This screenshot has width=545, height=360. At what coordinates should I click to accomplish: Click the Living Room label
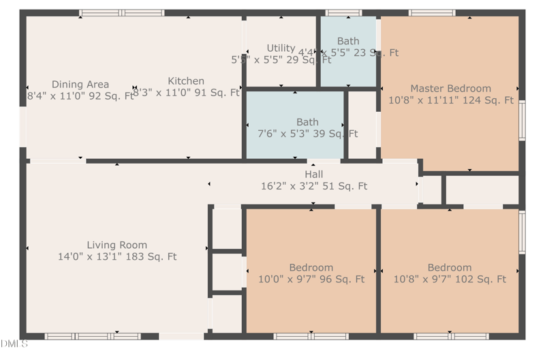(x=116, y=245)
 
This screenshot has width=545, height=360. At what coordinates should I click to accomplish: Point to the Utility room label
(x=281, y=48)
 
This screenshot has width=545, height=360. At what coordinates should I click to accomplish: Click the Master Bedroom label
(x=450, y=89)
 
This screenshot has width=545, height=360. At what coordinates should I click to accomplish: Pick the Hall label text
(x=313, y=175)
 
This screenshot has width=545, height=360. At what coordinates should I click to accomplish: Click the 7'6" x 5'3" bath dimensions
(x=307, y=134)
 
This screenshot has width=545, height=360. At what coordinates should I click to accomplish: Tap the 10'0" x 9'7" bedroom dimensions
(x=311, y=279)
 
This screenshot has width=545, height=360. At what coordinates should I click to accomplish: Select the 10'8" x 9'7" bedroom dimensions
(x=450, y=279)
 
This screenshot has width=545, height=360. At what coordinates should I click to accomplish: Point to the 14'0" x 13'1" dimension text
(x=117, y=257)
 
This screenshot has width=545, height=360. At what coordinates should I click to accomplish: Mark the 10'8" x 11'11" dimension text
(x=450, y=100)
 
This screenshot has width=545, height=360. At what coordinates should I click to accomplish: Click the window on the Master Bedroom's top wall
(x=432, y=12)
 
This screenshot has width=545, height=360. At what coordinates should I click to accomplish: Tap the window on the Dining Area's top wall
(x=122, y=12)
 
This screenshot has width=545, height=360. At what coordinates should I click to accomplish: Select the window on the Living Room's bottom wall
(x=93, y=336)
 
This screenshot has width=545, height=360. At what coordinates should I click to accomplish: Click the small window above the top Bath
(x=343, y=12)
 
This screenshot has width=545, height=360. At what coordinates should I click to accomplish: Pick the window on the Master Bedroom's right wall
(x=522, y=121)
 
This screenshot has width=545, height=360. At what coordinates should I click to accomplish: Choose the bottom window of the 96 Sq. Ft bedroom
(x=311, y=336)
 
